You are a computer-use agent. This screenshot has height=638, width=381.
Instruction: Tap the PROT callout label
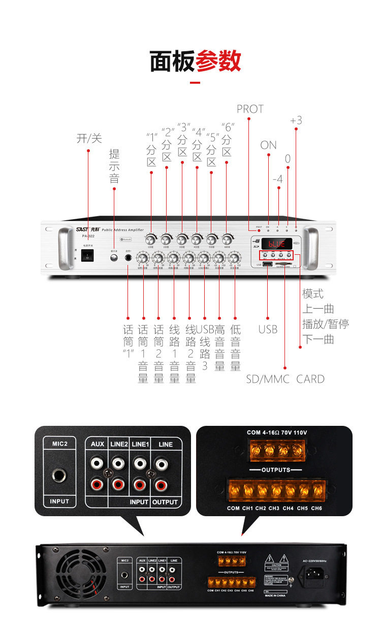tap(250, 109)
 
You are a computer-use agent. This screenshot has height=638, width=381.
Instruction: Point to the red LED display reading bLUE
tap(276, 244)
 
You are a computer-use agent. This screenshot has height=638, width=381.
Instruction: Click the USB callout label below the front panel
tap(268, 329)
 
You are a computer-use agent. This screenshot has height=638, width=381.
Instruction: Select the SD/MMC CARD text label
tap(285, 379)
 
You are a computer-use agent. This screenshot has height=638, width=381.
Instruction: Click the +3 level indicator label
tap(296, 120)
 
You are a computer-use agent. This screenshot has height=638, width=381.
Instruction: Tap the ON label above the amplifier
tap(268, 145)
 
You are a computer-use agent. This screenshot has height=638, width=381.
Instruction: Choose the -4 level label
tap(277, 179)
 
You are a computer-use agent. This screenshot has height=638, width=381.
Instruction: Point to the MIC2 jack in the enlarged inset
tap(60, 475)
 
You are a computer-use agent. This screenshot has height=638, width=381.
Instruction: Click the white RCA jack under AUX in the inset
tap(98, 463)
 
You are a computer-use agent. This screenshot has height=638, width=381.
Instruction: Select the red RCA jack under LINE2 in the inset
tap(118, 485)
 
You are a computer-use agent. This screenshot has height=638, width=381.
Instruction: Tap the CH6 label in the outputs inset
tap(316, 508)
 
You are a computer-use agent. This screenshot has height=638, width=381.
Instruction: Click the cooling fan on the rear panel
tap(79, 576)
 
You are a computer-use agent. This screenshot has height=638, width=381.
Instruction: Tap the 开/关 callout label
tap(89, 138)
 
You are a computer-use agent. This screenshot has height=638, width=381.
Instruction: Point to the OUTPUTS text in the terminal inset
tap(276, 469)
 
